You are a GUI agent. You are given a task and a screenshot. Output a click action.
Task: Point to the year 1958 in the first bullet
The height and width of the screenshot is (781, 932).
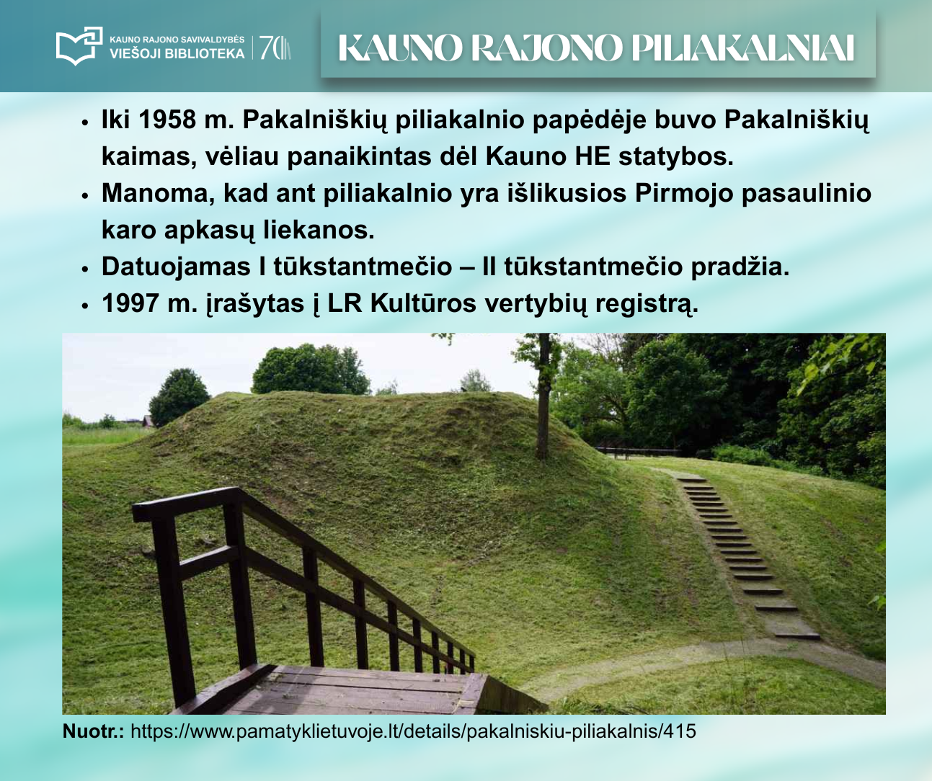[167, 120]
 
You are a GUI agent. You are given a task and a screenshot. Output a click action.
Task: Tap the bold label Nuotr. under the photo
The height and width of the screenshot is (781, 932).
[93, 731]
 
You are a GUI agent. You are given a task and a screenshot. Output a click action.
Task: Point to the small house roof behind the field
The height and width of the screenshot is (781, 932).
[148, 421]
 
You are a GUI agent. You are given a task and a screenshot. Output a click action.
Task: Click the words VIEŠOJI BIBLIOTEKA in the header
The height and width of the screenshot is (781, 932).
[177, 53]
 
